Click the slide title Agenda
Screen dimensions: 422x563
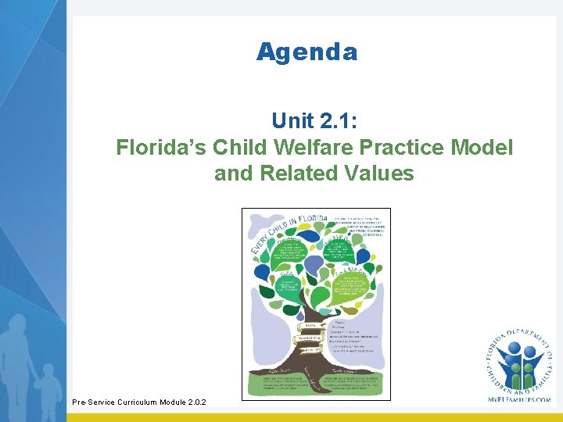(x=307, y=52)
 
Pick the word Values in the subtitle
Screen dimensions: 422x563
(x=382, y=173)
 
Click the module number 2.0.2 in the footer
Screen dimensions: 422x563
(x=194, y=402)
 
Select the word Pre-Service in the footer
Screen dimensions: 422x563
(x=93, y=402)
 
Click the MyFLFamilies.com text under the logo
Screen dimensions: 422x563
(x=518, y=399)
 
